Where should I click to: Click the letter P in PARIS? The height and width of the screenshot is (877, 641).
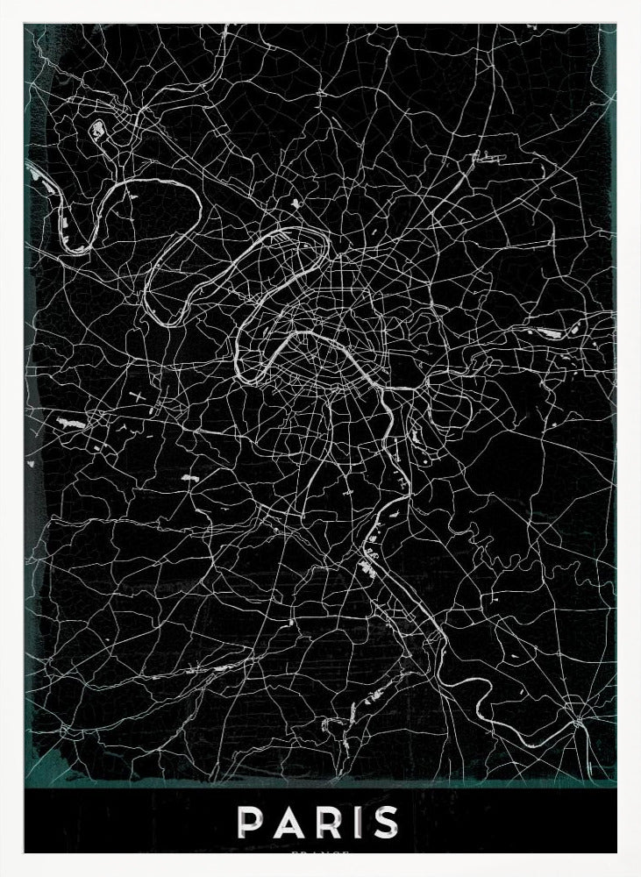(x=252, y=823)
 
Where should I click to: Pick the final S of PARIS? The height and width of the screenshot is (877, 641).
(x=386, y=823)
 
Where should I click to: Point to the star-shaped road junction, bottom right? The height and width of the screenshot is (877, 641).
(x=578, y=721)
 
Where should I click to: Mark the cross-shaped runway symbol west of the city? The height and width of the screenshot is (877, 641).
(x=139, y=396)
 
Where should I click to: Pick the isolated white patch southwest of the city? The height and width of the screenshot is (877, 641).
(x=188, y=478)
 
